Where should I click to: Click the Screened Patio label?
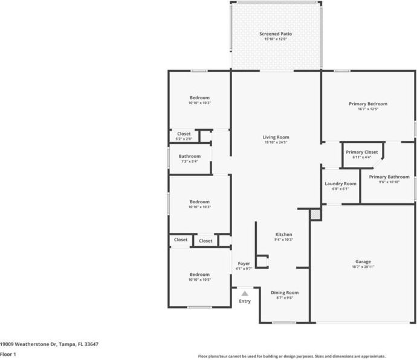[x=276, y=34]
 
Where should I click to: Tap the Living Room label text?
[x=276, y=137]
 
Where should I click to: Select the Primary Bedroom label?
[x=368, y=103]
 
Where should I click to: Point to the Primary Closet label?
[x=362, y=152]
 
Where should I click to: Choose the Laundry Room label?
[x=340, y=183]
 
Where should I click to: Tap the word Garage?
[x=363, y=261]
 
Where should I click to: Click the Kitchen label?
[x=283, y=234]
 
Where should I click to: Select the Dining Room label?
[x=284, y=292]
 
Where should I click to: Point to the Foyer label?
[x=244, y=263]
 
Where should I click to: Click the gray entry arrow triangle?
[x=245, y=293]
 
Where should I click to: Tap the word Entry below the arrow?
[x=245, y=301]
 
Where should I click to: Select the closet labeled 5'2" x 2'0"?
[x=184, y=139]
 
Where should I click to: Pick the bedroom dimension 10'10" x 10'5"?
[x=199, y=280]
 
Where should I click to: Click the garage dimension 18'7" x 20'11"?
[x=363, y=267]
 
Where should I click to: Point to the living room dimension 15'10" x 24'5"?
[x=276, y=143]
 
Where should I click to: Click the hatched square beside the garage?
[x=314, y=214]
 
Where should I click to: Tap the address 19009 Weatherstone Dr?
[x=28, y=344]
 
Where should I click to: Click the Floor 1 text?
[x=8, y=354]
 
